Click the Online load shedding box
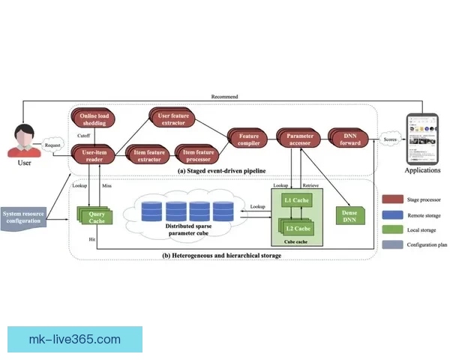(x=95, y=120)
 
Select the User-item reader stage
(x=94, y=155)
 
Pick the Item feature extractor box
(x=148, y=155)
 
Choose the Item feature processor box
(x=199, y=155)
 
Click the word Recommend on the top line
(x=224, y=97)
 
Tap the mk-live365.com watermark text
(x=74, y=339)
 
